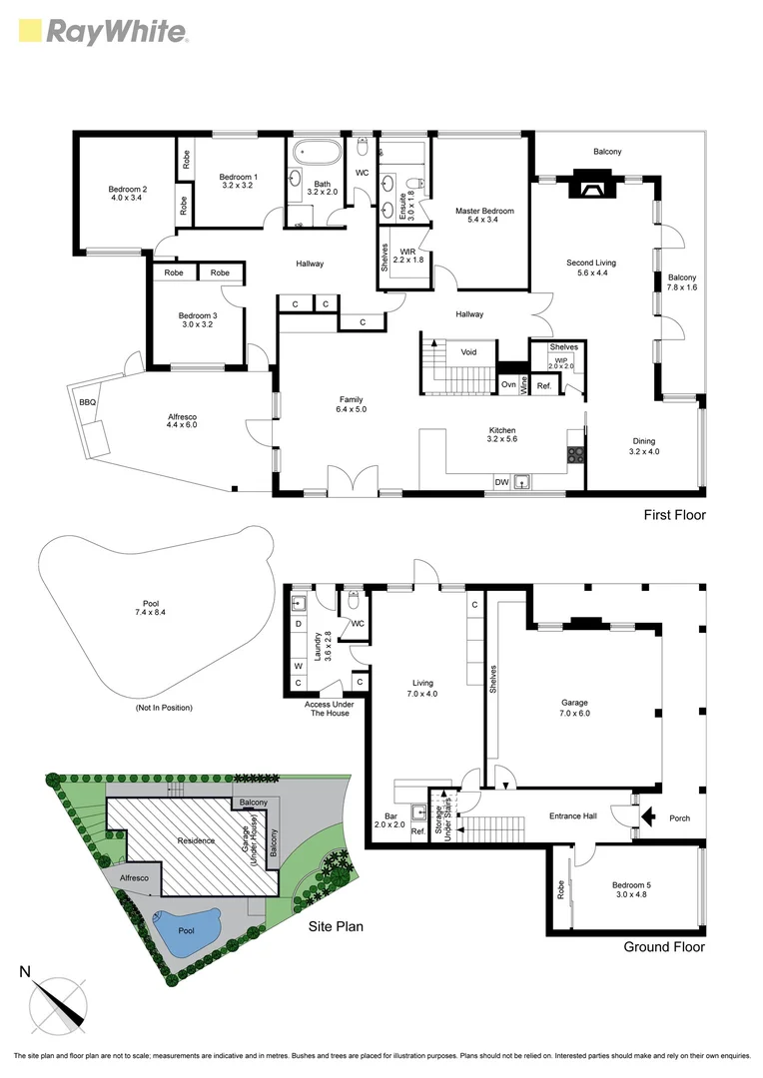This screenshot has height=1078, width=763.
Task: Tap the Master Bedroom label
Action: click(484, 216)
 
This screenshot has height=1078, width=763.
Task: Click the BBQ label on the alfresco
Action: click(87, 402)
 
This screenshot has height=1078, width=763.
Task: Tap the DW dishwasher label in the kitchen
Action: click(501, 481)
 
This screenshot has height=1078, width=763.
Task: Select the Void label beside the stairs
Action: click(468, 352)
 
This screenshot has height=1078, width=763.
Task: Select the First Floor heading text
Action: click(674, 515)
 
